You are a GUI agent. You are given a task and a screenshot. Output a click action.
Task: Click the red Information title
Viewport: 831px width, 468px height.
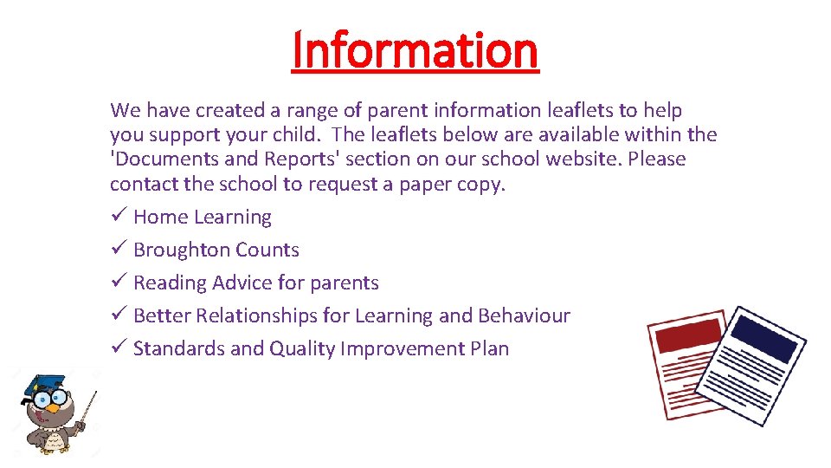point(415,50)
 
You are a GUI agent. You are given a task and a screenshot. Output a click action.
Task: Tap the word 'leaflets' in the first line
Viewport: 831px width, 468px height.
point(581,111)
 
